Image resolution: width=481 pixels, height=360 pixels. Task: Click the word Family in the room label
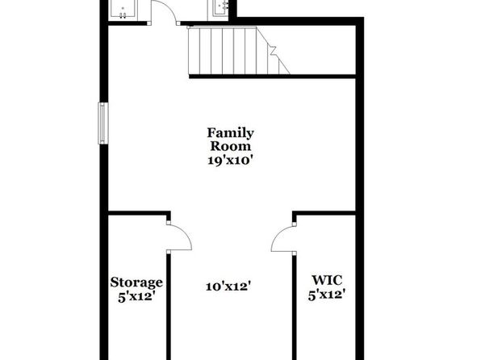230,134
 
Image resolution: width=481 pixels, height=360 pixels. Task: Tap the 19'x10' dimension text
230,160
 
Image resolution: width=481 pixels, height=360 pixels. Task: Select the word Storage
136,283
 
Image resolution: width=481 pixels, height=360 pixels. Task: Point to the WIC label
327,280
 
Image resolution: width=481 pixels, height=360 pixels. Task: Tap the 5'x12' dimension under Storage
136,297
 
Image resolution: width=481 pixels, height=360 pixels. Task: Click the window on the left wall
103,123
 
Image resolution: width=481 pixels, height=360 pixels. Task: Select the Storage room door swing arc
186,232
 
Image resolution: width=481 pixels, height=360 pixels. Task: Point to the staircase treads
233,51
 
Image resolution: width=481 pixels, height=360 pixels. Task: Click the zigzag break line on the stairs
274,52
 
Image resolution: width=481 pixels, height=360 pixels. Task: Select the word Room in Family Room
230,146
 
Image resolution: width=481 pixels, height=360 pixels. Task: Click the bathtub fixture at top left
123,9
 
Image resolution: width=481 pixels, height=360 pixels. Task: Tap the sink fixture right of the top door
221,7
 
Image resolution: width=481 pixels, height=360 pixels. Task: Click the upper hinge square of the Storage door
169,223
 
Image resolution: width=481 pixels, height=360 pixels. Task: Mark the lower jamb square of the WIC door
295,253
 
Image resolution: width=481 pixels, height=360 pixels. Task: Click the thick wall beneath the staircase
272,77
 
